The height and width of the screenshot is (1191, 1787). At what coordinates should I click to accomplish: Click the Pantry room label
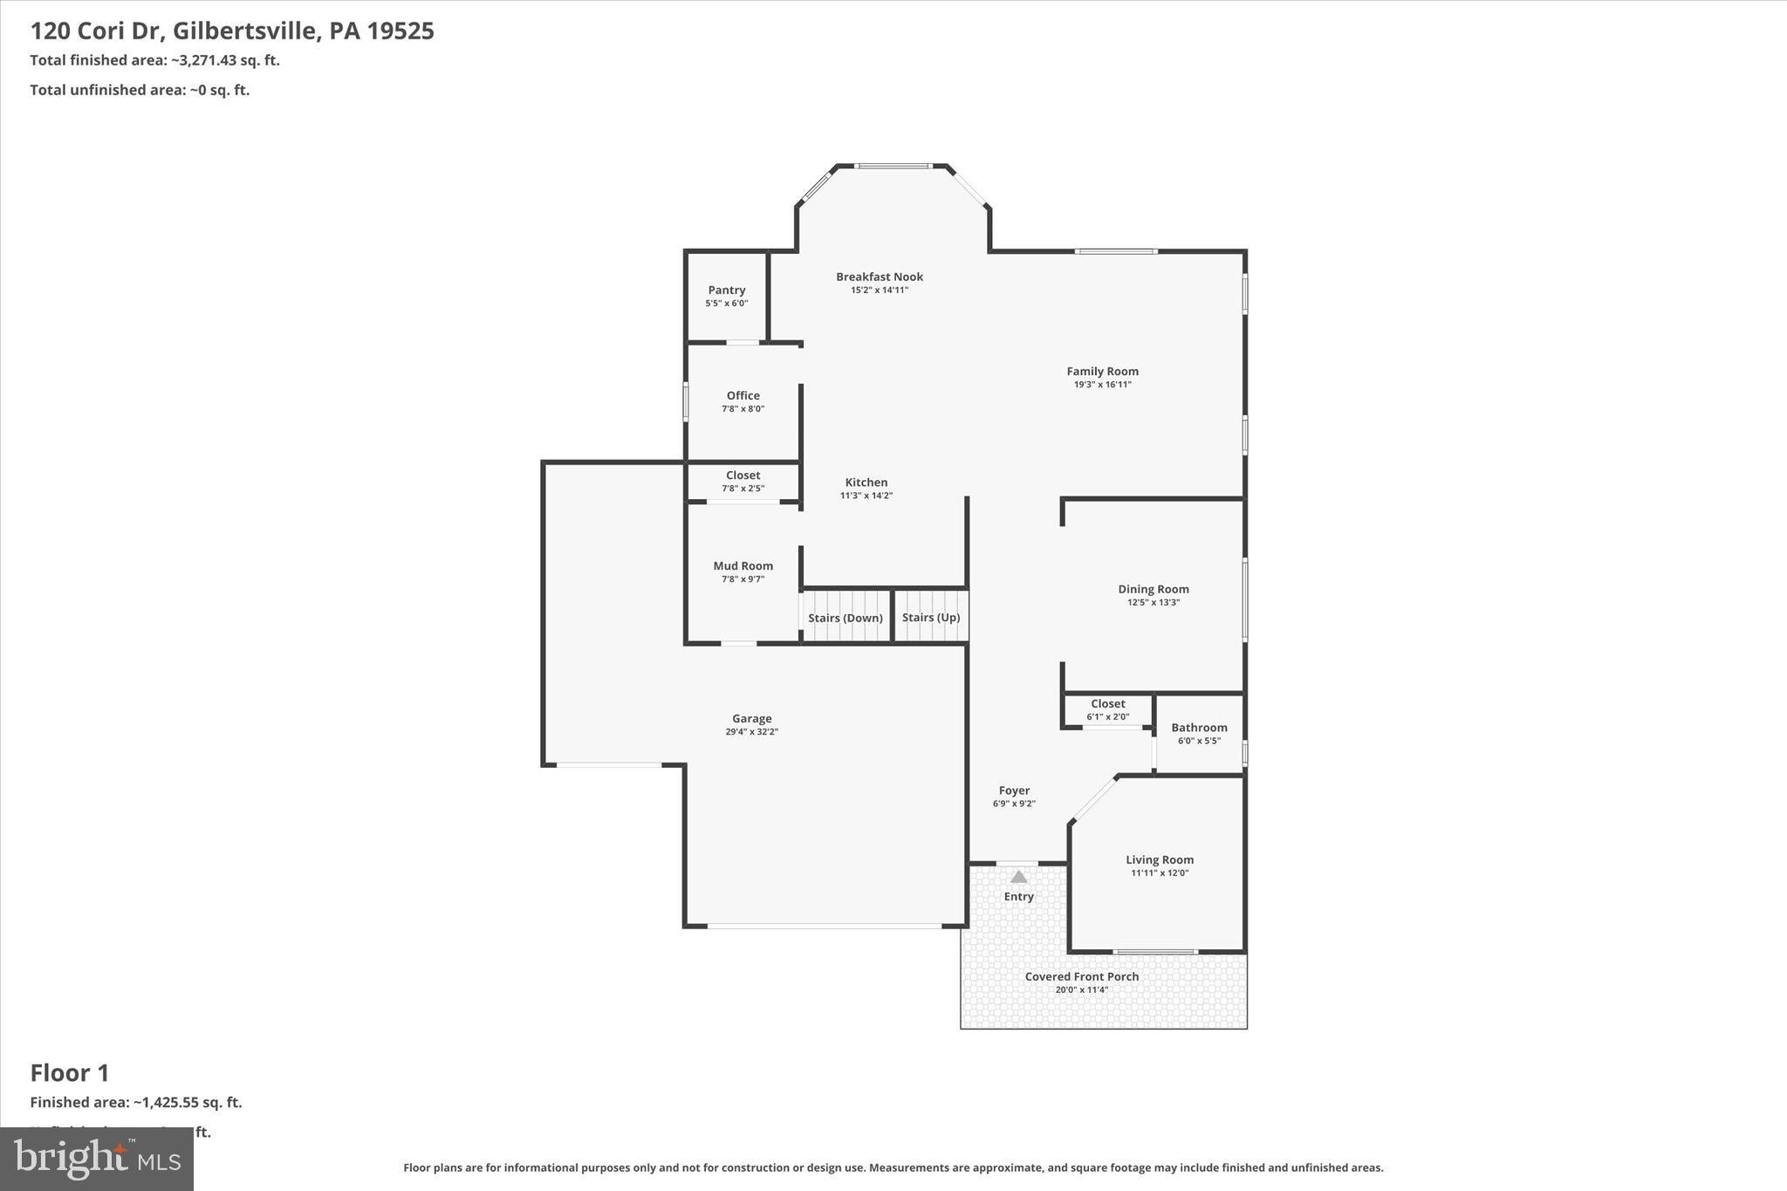pos(726,291)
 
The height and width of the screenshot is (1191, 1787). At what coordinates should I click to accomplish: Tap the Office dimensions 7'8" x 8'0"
pos(743,409)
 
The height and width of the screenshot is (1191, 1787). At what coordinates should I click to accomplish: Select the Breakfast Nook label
pos(879,277)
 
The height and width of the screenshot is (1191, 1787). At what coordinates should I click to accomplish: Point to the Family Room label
pos(1102,372)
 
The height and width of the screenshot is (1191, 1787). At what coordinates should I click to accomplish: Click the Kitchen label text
pos(866,483)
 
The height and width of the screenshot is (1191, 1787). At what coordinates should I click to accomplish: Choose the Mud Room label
pos(743,566)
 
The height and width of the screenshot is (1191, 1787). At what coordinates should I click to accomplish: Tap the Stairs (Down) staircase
pos(845,618)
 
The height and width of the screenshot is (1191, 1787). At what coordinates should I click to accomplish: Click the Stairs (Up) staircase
pos(930,617)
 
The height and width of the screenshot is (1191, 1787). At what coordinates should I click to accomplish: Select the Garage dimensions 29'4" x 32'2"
pos(751,732)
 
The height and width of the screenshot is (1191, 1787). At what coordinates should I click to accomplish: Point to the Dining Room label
pos(1153,590)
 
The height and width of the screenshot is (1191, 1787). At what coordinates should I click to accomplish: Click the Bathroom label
pos(1199,728)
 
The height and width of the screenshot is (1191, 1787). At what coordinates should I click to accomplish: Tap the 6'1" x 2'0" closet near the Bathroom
pos(1107,710)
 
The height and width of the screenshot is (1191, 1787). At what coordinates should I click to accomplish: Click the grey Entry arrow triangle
pos(1018,877)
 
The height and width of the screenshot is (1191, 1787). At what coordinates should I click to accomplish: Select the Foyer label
pos(1014,791)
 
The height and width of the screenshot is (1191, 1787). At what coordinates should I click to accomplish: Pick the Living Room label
pos(1159,860)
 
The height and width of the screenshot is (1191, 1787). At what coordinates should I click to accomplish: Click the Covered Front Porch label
pos(1081,977)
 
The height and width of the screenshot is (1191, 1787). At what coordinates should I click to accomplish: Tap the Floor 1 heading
pos(70,1073)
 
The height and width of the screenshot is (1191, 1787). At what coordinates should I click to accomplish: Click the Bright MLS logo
pos(97,1159)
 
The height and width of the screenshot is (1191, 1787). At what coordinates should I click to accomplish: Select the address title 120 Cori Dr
pos(232,31)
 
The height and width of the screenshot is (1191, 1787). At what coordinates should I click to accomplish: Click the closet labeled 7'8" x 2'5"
pos(743,482)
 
